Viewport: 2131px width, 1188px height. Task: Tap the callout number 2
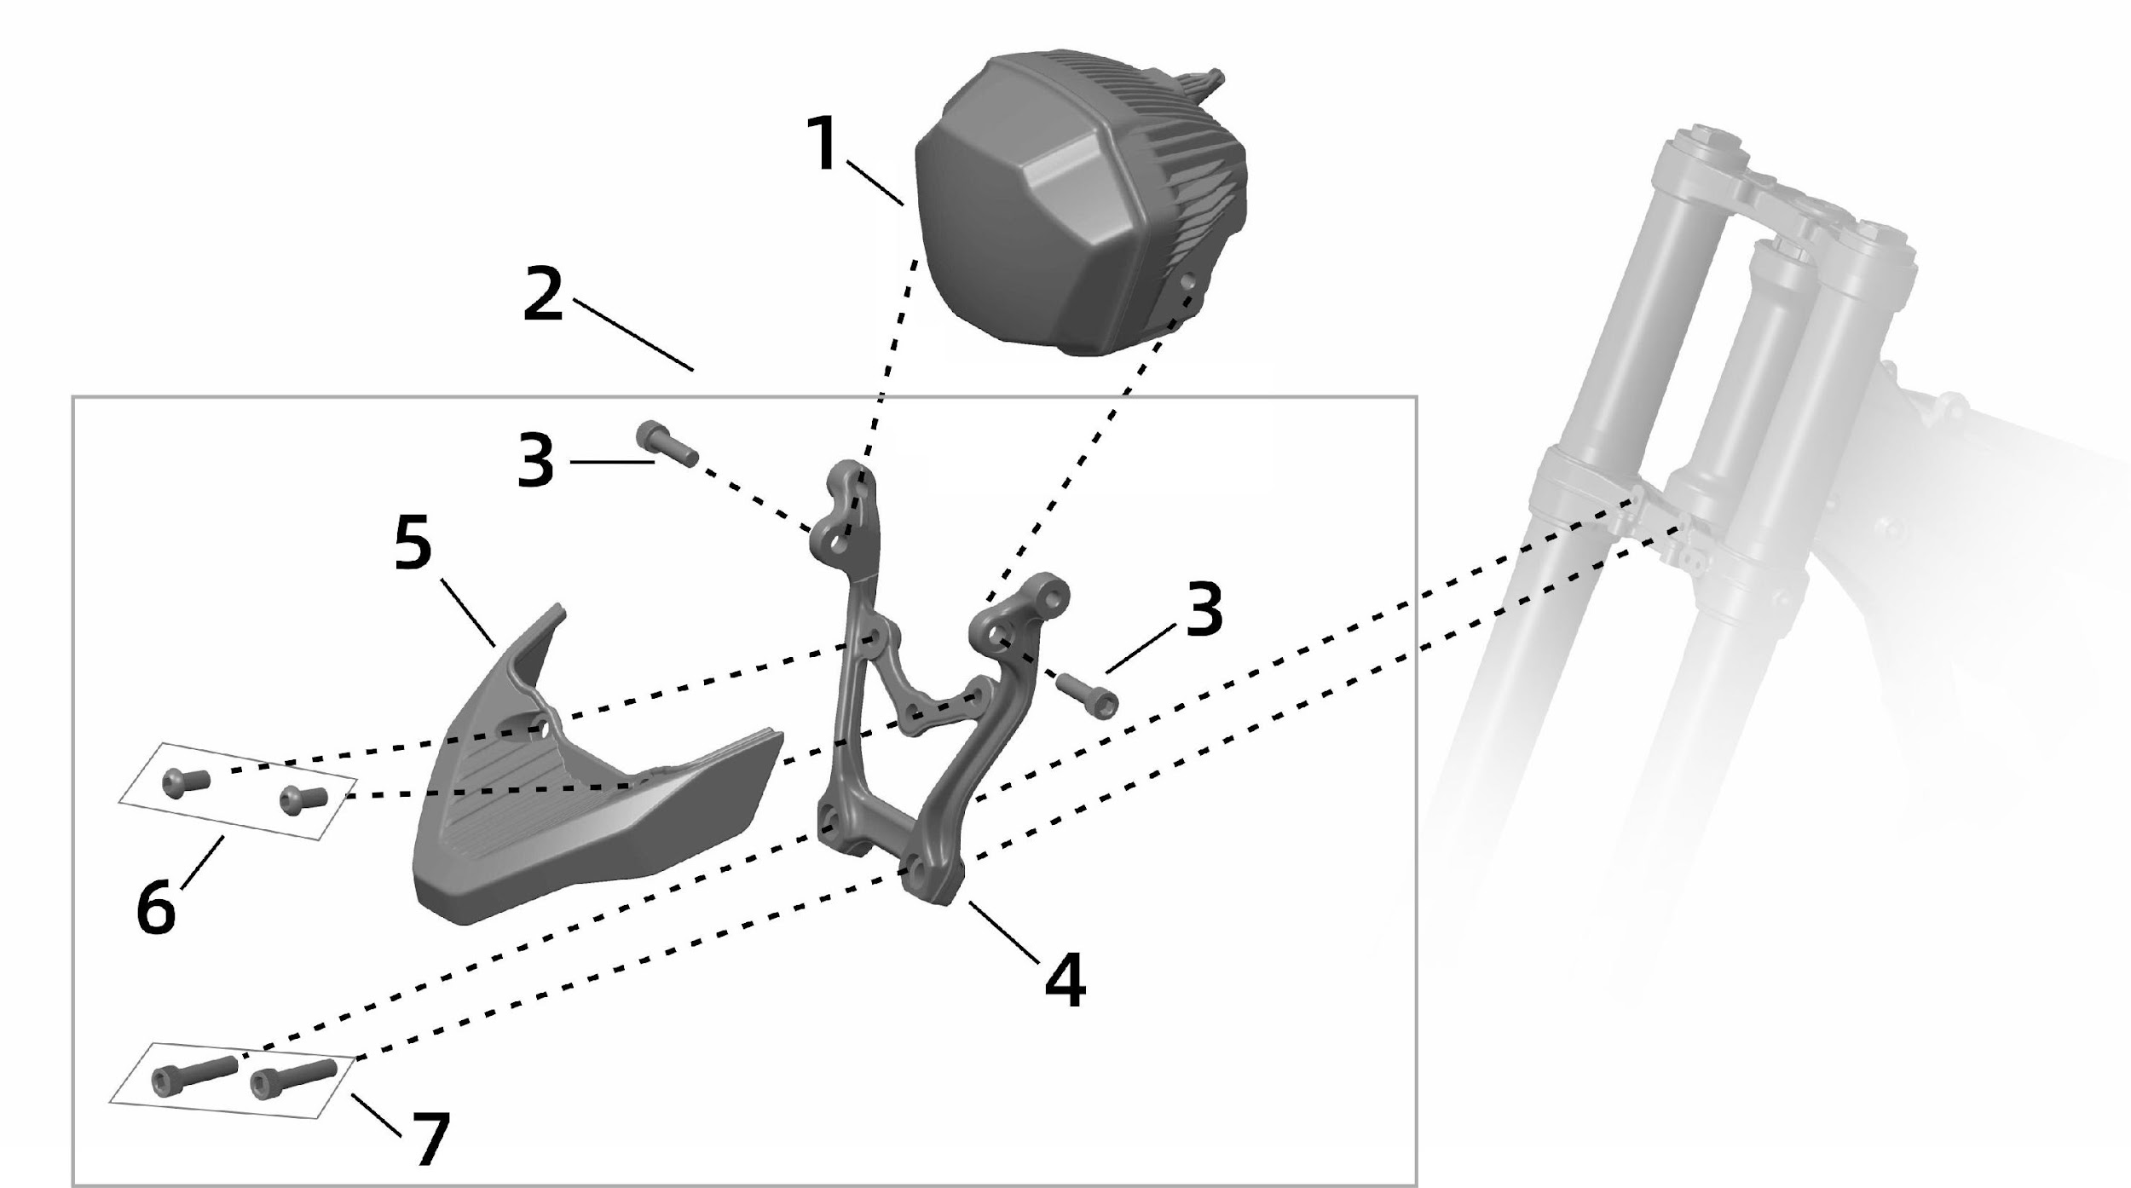coord(543,294)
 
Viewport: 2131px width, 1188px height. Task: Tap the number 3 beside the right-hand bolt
coord(1204,608)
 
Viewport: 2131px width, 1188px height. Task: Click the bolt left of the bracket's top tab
coord(667,445)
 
